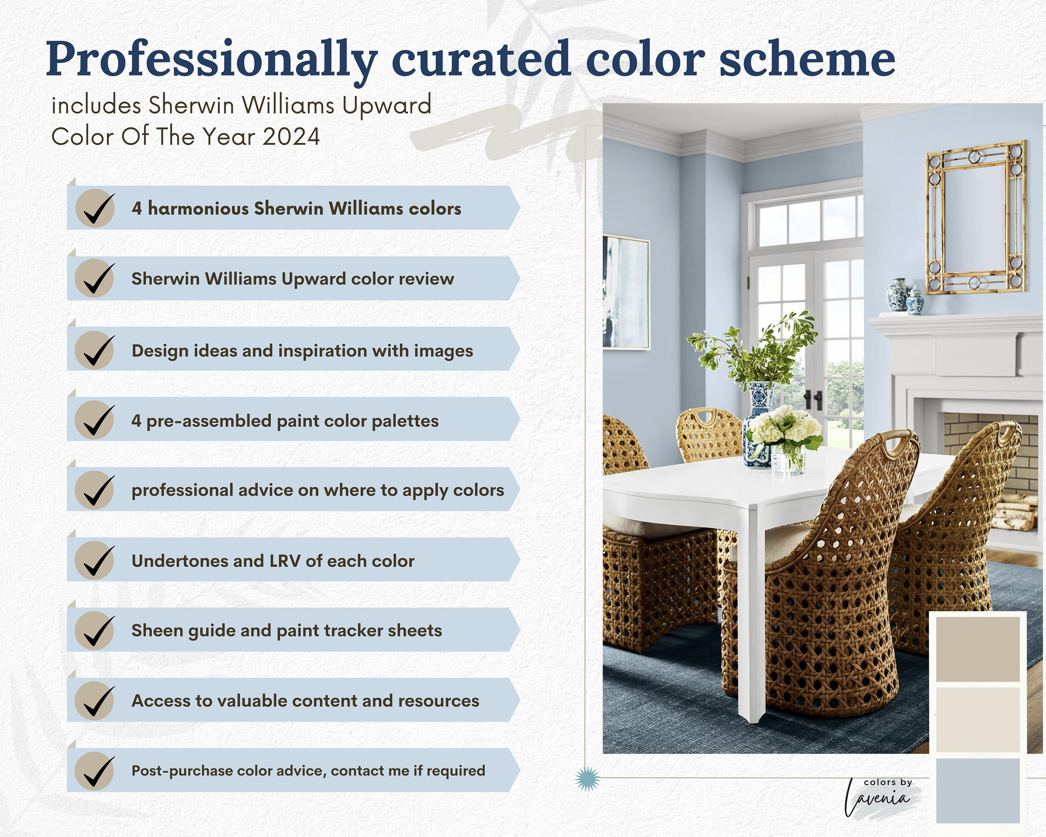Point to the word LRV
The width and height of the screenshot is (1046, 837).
pos(285,561)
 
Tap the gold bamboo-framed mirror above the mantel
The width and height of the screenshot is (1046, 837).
pos(976,217)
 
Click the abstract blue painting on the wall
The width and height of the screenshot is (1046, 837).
pos(626,292)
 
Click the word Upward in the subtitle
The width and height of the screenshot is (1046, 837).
pos(387,105)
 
